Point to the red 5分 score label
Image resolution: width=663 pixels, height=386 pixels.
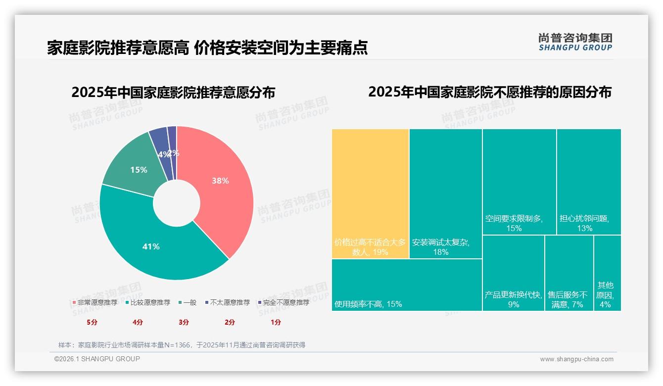point(92,322)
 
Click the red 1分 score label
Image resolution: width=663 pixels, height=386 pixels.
point(276,322)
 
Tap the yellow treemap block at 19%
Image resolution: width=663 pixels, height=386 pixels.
point(370,193)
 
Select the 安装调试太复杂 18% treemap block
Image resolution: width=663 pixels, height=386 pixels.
point(445,193)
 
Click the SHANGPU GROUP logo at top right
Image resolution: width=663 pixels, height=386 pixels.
point(575,42)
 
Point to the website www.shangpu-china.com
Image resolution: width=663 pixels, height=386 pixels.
point(576,359)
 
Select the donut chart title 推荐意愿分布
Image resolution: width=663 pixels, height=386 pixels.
point(173,93)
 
